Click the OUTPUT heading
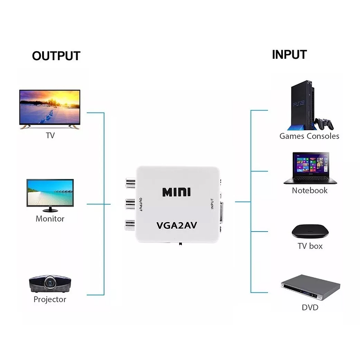tap(56, 56)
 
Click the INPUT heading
tap(289, 54)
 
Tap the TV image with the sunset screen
tap(50, 109)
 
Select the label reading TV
tap(50, 135)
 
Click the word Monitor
tap(50, 219)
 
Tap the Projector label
tap(50, 299)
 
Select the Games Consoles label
tap(309, 136)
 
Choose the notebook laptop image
tap(311, 168)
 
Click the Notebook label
tap(310, 190)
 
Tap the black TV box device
tap(310, 231)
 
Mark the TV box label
tap(310, 246)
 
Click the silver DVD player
tap(310, 287)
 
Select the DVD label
tap(310, 307)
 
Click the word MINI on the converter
tap(176, 192)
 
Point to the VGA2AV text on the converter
tap(176, 226)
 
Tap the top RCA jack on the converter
tap(130, 183)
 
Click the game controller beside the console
tap(325, 124)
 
